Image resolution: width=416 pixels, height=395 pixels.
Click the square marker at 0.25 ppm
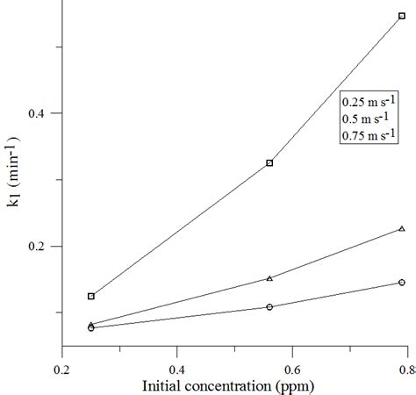(91, 296)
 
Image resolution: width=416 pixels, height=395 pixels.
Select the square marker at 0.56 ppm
(269, 162)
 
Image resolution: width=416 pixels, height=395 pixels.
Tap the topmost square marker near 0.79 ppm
(402, 16)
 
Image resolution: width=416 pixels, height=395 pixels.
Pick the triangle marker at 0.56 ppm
(269, 278)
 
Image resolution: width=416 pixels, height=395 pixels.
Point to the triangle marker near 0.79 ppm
(402, 228)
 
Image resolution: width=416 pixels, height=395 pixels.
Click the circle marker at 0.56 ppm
(269, 306)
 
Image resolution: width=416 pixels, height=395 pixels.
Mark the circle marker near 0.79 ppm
(402, 282)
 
